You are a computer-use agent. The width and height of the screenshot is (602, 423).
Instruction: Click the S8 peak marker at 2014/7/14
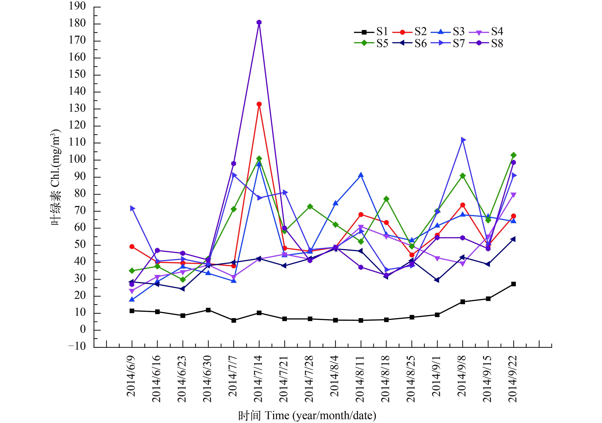pos(259,22)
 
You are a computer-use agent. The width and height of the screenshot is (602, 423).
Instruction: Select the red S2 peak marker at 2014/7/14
pos(259,104)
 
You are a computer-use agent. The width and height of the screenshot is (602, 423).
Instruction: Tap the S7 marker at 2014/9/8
pos(463,140)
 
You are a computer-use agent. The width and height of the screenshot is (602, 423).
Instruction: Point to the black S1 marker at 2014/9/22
pos(513,284)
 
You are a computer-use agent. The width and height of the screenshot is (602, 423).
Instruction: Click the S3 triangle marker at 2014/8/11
pos(361,175)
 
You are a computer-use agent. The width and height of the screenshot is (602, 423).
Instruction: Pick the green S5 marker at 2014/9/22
pos(513,155)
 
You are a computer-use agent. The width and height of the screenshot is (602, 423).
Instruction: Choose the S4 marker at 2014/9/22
pos(513,195)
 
